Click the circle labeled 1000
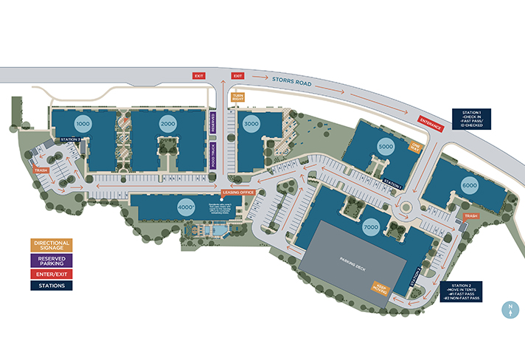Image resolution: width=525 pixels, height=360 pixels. (x=83, y=125)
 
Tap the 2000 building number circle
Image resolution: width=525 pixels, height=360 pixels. (x=168, y=125)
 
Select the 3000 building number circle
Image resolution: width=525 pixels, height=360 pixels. (x=252, y=125)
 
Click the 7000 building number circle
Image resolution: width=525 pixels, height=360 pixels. (x=371, y=228)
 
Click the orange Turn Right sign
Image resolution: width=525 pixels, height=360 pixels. (x=238, y=97)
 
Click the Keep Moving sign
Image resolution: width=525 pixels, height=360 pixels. (x=381, y=286)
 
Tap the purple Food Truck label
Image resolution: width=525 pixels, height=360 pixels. (x=214, y=157)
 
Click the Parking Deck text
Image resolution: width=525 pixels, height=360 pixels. (x=352, y=261)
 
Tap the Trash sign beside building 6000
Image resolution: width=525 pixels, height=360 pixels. (x=471, y=216)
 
